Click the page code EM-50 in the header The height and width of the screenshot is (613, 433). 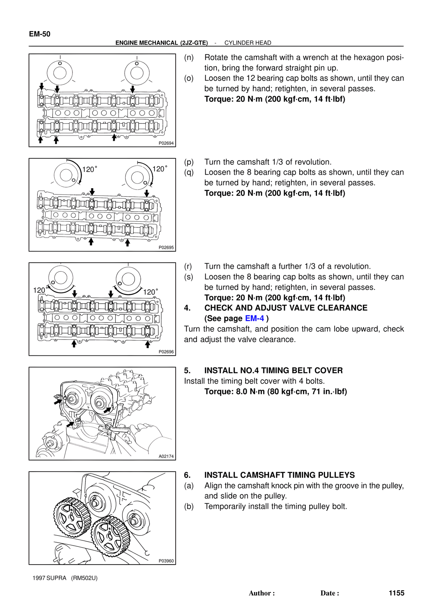(x=40, y=34)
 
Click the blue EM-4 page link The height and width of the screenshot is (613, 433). (x=254, y=319)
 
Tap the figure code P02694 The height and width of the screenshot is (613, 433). (x=166, y=143)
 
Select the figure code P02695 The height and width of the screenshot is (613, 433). (x=166, y=247)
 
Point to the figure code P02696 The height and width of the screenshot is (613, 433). (x=166, y=352)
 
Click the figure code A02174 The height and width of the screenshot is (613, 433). (x=166, y=456)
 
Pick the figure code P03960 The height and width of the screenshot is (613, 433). (x=166, y=561)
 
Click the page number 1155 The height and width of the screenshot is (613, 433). (x=396, y=593)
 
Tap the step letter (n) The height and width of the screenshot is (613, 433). (x=189, y=58)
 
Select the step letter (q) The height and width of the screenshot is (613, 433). (x=189, y=172)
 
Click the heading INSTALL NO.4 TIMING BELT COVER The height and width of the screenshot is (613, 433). (x=273, y=371)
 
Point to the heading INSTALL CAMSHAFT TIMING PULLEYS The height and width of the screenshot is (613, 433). (x=279, y=475)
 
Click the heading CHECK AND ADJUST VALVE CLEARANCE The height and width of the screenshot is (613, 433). (x=286, y=308)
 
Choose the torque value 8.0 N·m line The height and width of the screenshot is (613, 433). (x=276, y=392)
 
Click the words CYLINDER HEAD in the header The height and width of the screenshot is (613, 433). (x=248, y=43)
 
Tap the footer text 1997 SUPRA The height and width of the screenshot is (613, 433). (x=49, y=578)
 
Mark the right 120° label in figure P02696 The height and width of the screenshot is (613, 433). (x=151, y=292)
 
